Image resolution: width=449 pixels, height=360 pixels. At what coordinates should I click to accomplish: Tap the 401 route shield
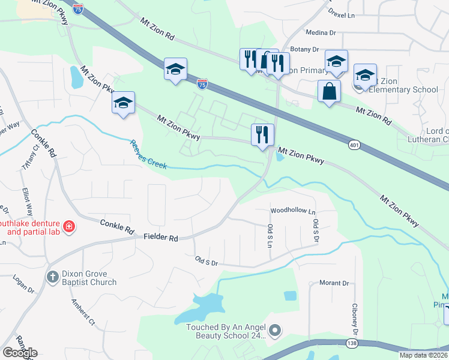[354, 145]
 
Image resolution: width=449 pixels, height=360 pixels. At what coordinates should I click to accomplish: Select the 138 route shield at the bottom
[352, 343]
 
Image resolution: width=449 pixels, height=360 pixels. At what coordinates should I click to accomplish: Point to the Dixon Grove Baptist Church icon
[52, 277]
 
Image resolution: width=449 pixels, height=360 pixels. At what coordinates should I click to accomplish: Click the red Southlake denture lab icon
[70, 227]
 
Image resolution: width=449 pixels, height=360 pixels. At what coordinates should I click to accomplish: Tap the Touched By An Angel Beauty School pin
[275, 329]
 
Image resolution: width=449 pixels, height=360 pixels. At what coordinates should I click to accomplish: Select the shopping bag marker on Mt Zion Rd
[330, 92]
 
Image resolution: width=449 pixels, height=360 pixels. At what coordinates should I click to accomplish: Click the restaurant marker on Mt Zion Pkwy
[262, 135]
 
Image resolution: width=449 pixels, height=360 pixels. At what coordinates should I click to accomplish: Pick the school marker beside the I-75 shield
[175, 70]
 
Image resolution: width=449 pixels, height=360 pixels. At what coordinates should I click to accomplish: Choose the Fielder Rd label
[161, 238]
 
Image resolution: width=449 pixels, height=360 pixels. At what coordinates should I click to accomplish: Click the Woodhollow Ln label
[292, 211]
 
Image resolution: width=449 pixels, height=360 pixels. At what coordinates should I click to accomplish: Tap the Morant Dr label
[334, 283]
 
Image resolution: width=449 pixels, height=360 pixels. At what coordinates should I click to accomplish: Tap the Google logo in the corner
[20, 353]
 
